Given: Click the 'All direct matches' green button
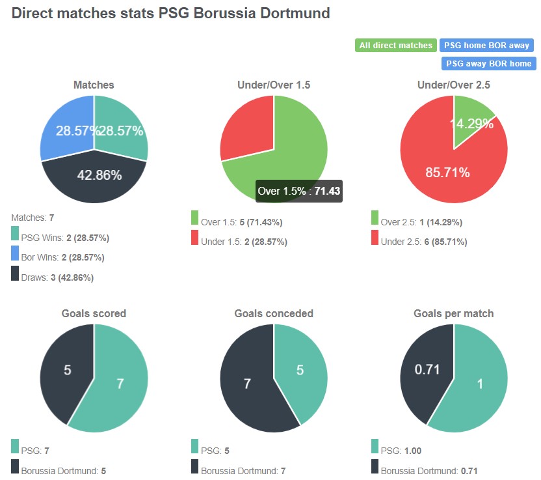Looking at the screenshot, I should (395, 46).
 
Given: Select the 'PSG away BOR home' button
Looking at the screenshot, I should (488, 64).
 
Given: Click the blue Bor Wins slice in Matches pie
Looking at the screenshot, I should (65, 127).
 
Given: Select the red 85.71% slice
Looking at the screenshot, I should (442, 169).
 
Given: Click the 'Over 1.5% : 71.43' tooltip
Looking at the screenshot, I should (299, 191).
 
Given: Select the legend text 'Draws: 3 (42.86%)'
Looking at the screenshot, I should (57, 277).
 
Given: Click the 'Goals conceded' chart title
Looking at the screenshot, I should (274, 313).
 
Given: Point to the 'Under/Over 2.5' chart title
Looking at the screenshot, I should (453, 85).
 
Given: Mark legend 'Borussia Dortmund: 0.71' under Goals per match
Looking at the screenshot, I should (423, 470).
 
